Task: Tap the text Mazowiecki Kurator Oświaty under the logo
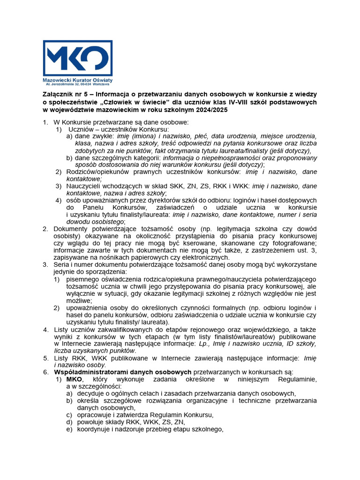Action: pyautogui.click(x=77, y=81)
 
